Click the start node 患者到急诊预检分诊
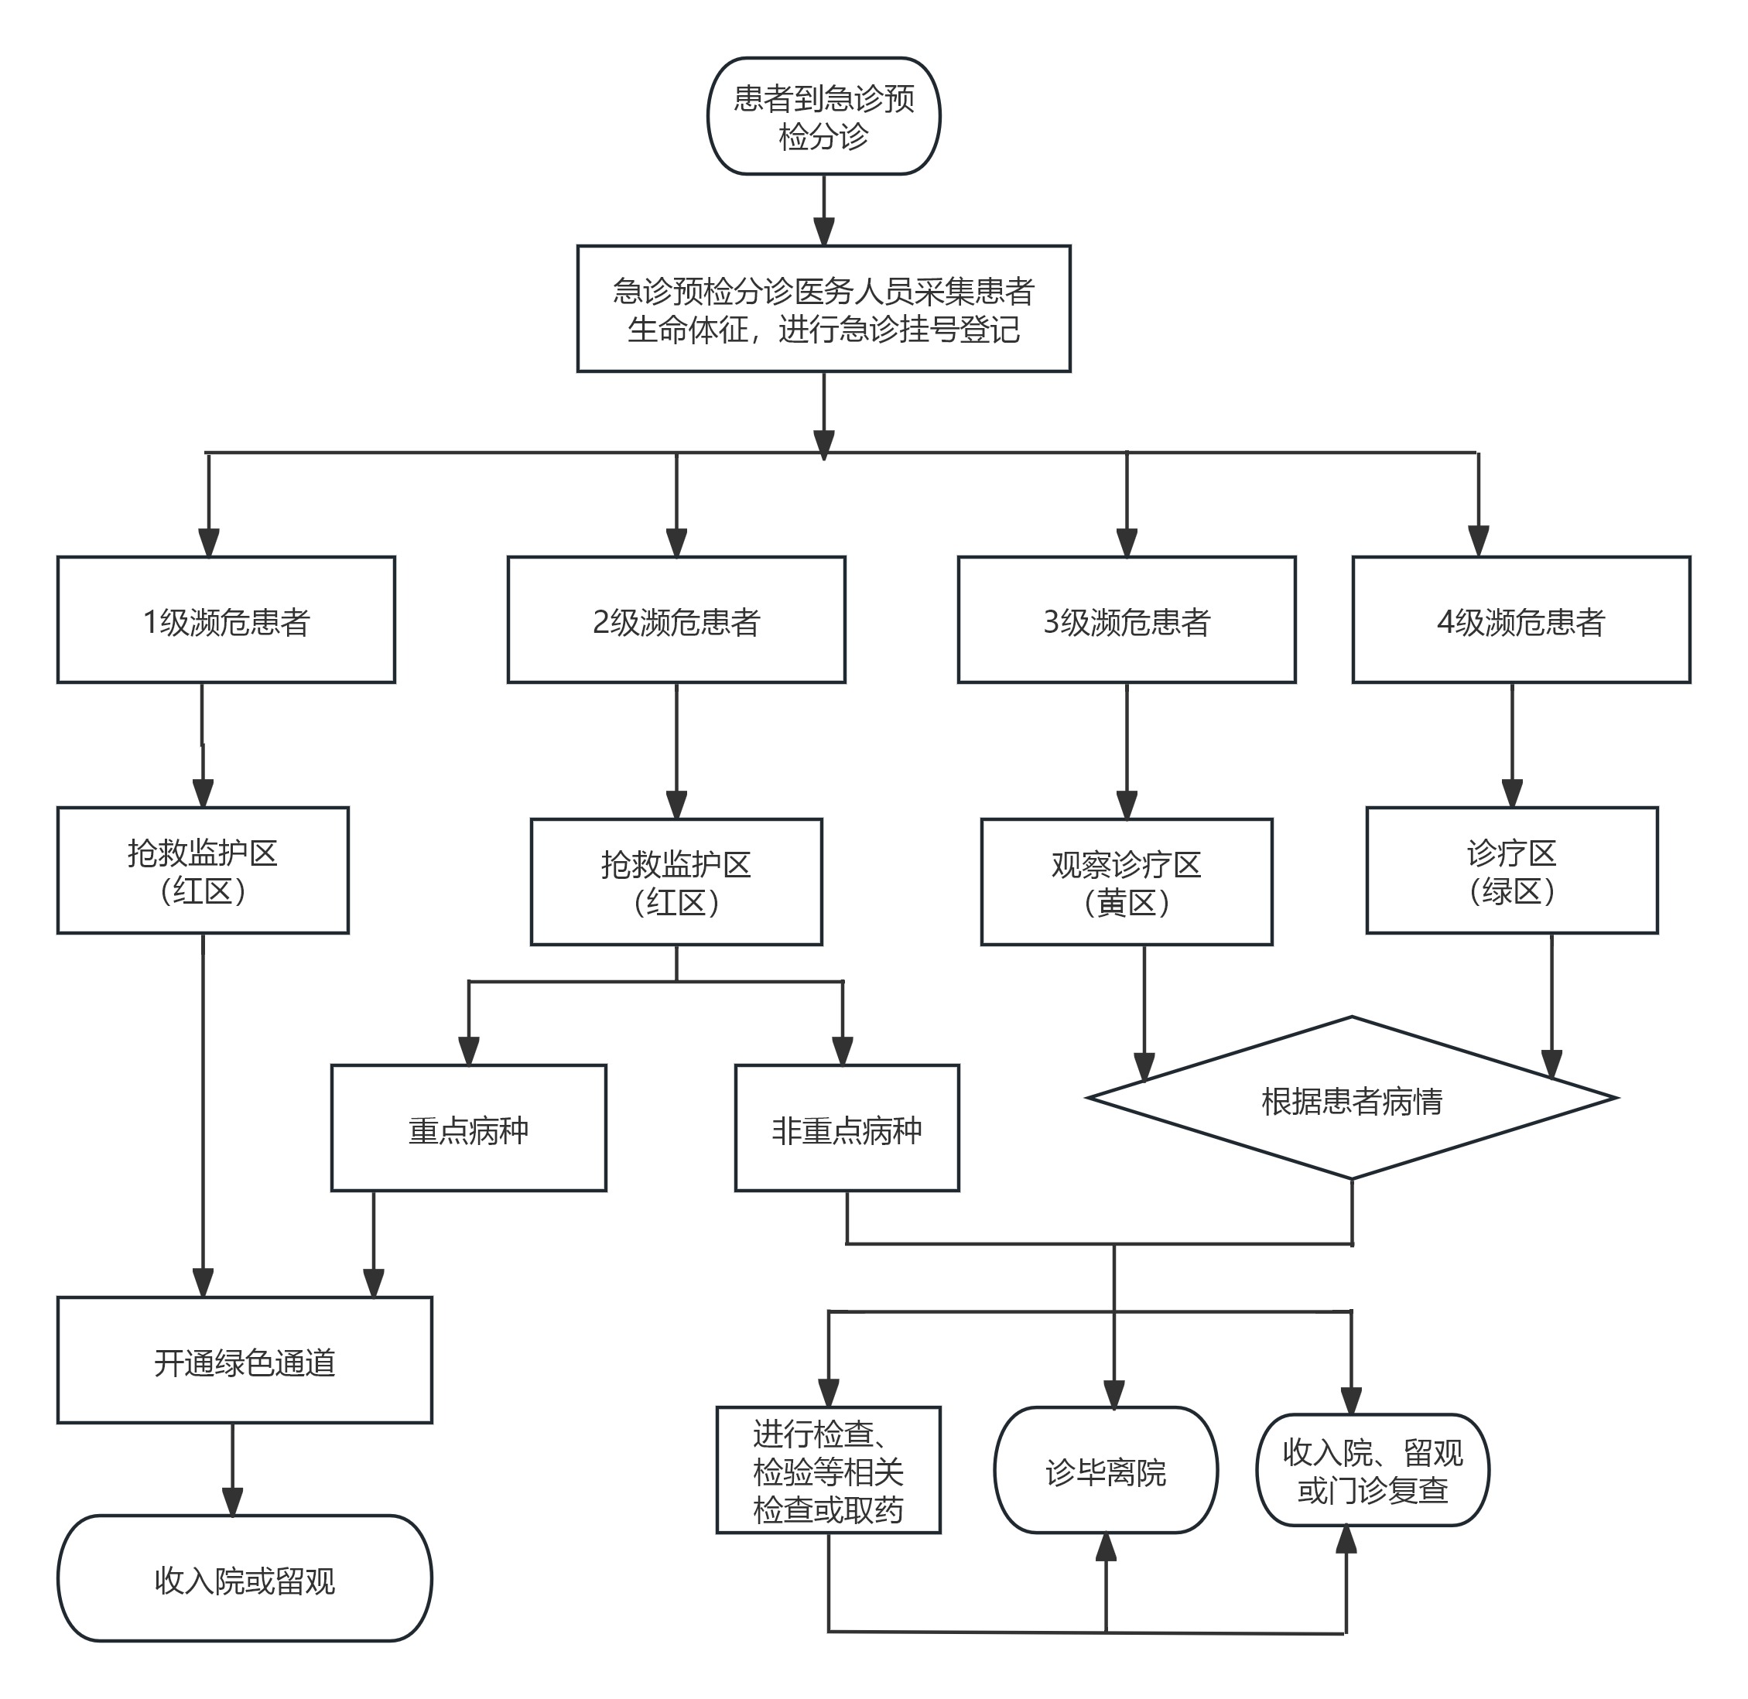click(x=823, y=116)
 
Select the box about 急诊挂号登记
click(x=823, y=309)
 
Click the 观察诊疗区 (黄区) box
click(x=1127, y=882)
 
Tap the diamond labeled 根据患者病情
click(x=1352, y=1098)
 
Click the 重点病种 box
click(x=468, y=1128)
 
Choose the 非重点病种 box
click(x=847, y=1128)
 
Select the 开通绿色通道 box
click(x=245, y=1360)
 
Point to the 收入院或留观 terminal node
click(x=245, y=1578)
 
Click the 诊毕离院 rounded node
click(x=1106, y=1471)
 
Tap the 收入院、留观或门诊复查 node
click(x=1373, y=1471)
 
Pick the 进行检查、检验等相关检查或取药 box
click(x=828, y=1471)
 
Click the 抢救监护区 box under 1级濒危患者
click(x=203, y=870)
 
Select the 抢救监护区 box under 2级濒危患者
click(x=676, y=882)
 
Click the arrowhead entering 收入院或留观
click(x=233, y=1502)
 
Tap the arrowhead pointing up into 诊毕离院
click(x=1107, y=1548)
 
